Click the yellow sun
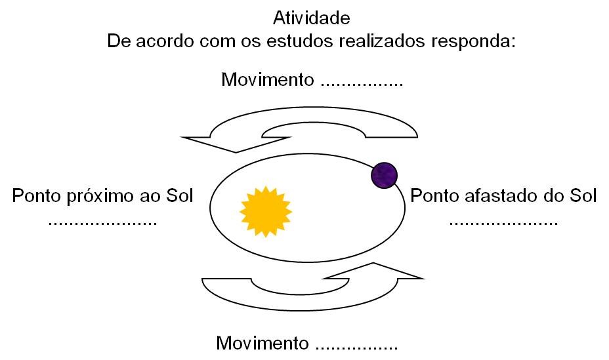[266, 211]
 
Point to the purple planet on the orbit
[385, 175]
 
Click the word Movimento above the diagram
[267, 80]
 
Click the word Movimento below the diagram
[262, 343]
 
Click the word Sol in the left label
[180, 196]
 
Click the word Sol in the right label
[583, 196]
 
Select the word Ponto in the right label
[431, 196]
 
